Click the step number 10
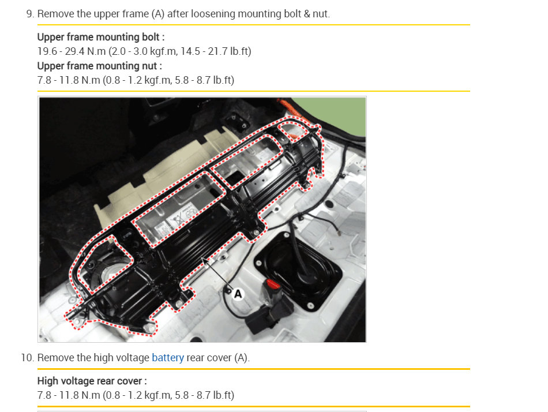point(27,358)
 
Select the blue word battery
point(167,358)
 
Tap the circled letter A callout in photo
point(237,294)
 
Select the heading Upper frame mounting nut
point(99,66)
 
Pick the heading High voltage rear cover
point(92,381)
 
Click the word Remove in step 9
point(55,14)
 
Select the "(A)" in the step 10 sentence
point(241,358)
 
